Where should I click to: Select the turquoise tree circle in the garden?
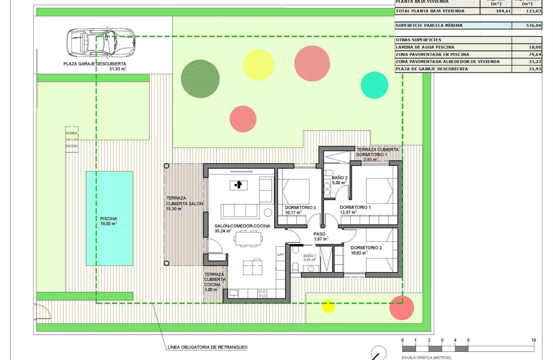coord(374,85)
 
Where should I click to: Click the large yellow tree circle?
coord(258,65)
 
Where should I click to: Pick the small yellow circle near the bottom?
coord(328,306)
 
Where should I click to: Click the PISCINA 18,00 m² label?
coord(108,221)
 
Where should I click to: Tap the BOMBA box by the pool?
coord(72,133)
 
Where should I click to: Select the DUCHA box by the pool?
coord(72,146)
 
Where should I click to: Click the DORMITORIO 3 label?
coord(300,207)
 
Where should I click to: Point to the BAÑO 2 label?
coord(339,177)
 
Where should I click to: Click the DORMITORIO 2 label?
coord(366,248)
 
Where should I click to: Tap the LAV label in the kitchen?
coord(281,254)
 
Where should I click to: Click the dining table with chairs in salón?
coord(247,238)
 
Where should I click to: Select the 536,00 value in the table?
coord(534,26)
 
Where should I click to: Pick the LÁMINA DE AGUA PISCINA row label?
coord(425,47)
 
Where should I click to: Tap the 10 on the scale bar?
coord(533,340)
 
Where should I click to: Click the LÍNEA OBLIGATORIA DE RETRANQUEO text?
coord(207,347)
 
